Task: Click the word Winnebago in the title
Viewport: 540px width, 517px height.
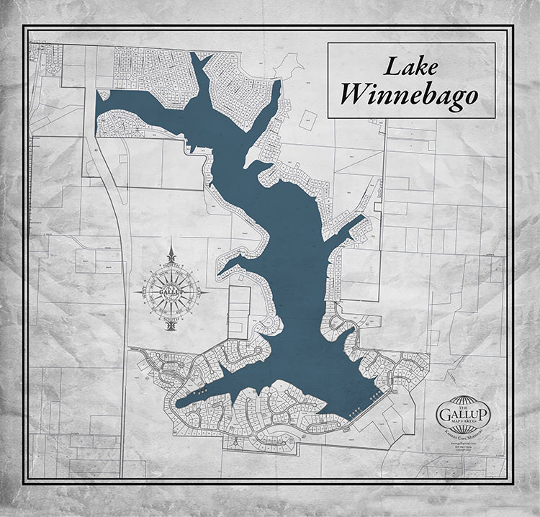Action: tap(410, 94)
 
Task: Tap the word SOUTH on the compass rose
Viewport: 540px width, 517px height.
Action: tap(171, 318)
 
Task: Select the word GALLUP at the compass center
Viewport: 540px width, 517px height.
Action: tap(171, 292)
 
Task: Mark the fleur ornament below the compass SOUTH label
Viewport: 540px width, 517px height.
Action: tap(171, 326)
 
